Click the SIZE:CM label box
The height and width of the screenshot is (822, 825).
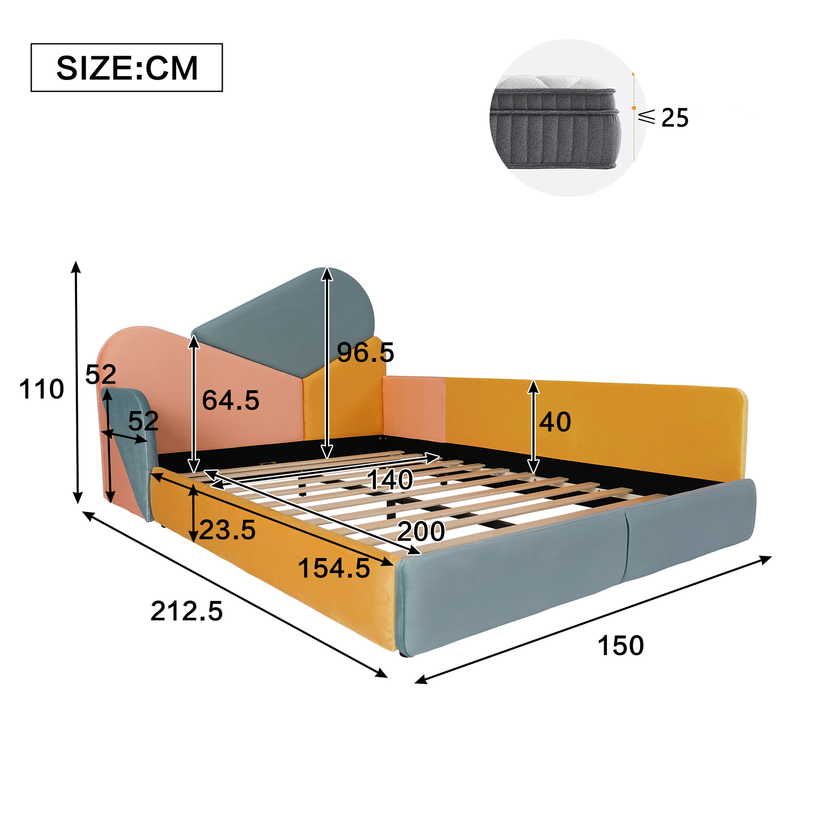click(127, 68)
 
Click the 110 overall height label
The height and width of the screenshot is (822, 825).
click(41, 389)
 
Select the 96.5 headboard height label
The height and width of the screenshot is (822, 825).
click(366, 352)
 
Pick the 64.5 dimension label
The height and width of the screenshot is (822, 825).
click(231, 400)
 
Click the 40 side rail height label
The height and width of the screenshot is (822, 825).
click(555, 422)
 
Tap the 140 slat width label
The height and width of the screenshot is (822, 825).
click(390, 479)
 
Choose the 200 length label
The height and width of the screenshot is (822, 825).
click(421, 531)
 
